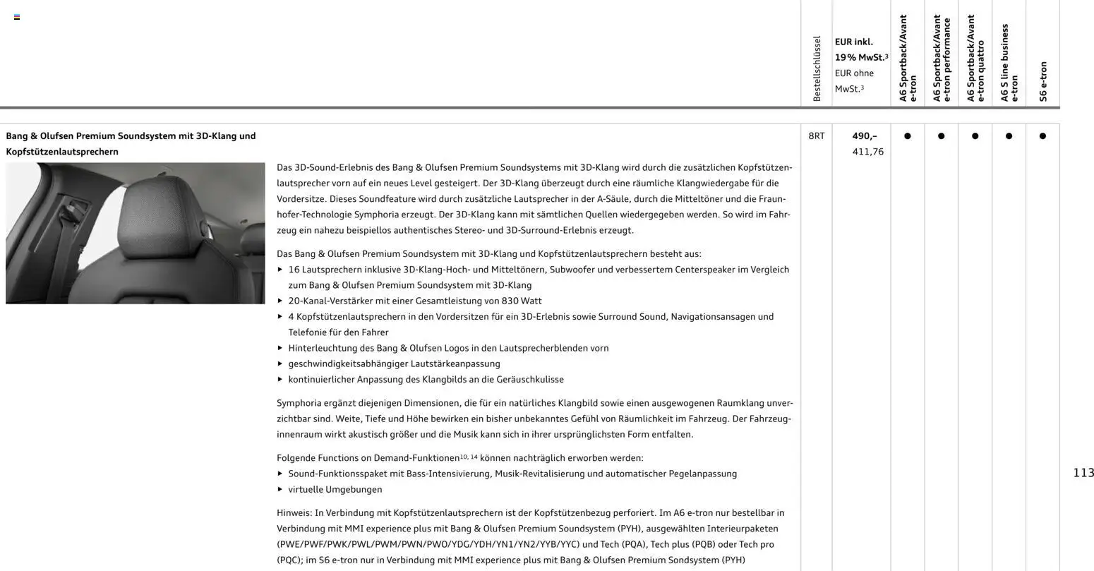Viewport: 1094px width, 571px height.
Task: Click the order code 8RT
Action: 816,136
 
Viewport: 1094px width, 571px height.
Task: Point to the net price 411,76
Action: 867,152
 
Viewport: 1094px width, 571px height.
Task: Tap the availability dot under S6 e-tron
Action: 1042,136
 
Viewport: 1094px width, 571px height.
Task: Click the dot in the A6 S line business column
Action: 1009,136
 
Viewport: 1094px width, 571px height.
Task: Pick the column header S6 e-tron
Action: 1043,81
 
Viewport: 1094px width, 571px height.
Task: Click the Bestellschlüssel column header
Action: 817,68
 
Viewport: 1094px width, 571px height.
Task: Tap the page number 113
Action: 1083,473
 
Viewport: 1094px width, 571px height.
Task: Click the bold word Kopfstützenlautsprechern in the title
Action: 62,152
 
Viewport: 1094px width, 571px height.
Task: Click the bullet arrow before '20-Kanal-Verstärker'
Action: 280,301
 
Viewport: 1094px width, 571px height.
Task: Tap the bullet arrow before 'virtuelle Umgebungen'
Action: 280,489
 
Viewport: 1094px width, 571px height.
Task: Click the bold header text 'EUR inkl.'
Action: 854,42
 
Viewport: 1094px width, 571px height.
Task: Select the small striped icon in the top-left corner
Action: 17,17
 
